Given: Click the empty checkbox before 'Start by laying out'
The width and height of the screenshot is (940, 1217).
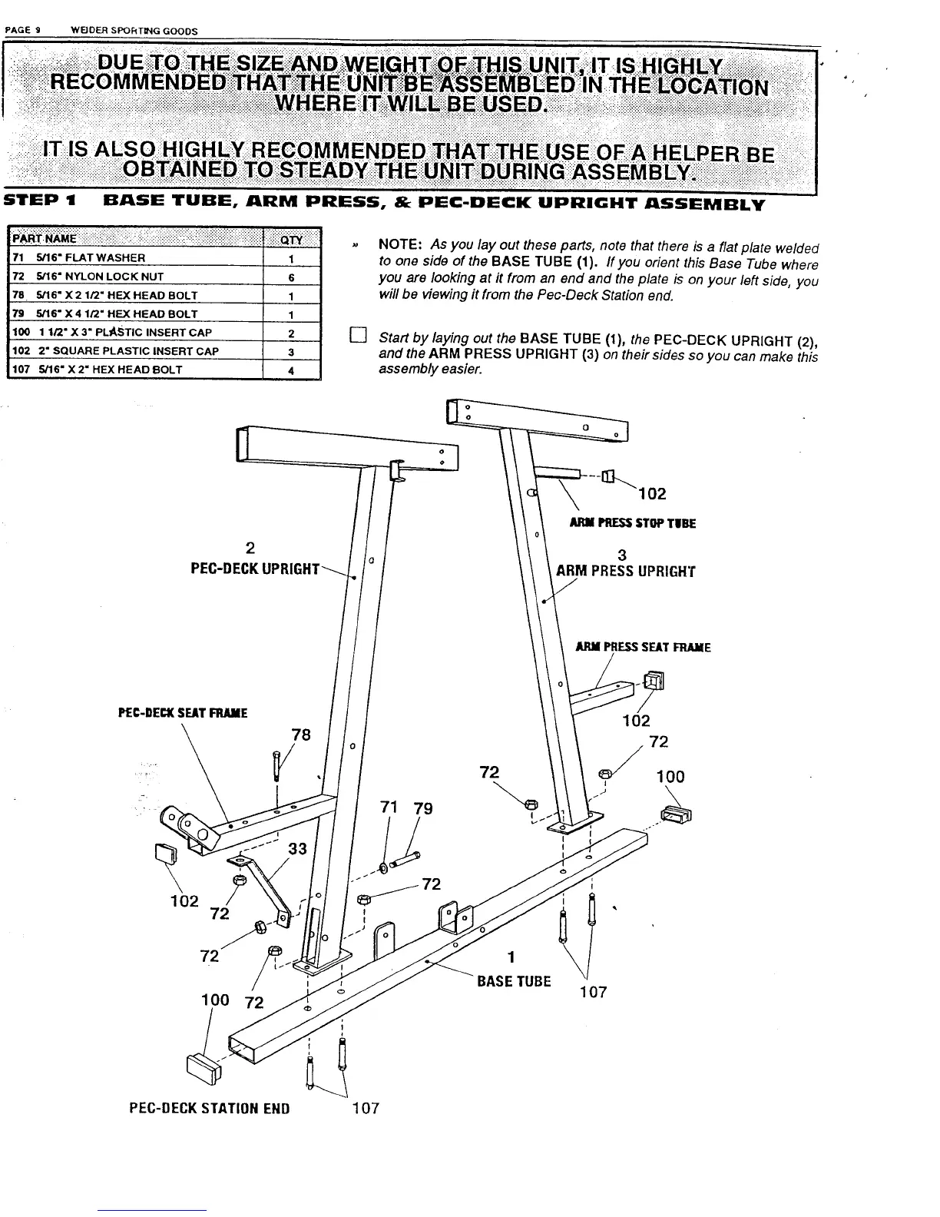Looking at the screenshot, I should [x=356, y=335].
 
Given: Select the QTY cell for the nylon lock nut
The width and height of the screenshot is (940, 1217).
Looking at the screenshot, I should [x=292, y=277].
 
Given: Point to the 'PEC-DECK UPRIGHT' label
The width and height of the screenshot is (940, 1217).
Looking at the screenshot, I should [x=254, y=569].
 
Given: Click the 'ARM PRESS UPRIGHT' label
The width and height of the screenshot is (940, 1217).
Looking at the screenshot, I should [x=625, y=571].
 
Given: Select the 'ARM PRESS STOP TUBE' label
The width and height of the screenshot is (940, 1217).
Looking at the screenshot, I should [x=633, y=523].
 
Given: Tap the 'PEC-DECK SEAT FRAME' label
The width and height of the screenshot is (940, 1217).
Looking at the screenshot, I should [x=183, y=713].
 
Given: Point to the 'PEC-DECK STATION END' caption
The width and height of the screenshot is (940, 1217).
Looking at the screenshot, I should [x=209, y=1108].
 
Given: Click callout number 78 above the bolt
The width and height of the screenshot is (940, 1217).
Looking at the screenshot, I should [x=301, y=735].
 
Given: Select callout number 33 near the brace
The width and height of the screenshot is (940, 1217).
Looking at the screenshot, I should [x=297, y=848].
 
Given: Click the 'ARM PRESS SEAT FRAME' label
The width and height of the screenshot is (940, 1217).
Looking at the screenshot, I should [x=644, y=647].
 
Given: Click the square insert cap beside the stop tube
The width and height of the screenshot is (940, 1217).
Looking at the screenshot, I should [x=608, y=477].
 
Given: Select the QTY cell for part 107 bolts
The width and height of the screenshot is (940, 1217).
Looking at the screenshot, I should [x=292, y=370].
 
